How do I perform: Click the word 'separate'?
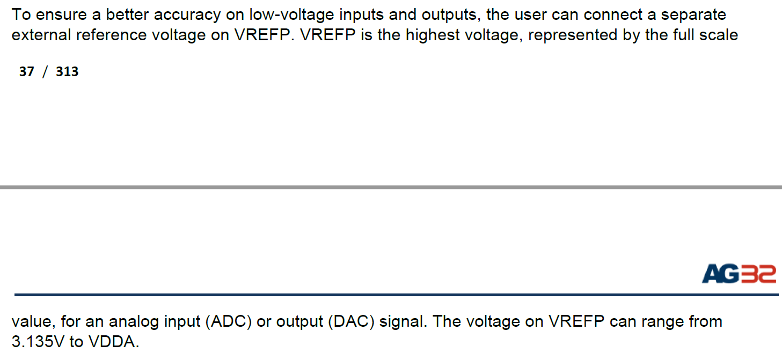[x=693, y=14]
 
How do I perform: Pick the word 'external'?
[x=41, y=35]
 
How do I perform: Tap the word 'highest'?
[x=435, y=35]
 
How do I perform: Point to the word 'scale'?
[x=719, y=35]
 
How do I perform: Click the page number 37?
[x=26, y=72]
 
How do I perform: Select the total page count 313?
[x=67, y=72]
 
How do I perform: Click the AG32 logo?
[x=739, y=274]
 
